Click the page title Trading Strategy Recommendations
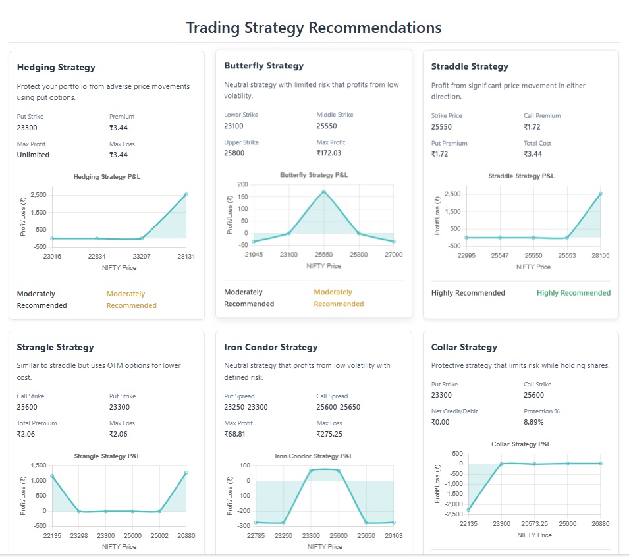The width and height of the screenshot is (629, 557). pyautogui.click(x=314, y=28)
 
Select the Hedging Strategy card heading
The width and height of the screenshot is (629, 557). pyautogui.click(x=56, y=67)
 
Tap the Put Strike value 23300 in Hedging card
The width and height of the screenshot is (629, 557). pyautogui.click(x=28, y=128)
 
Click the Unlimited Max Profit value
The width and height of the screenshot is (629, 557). pyautogui.click(x=33, y=155)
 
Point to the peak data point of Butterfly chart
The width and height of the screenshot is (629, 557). pyautogui.click(x=323, y=192)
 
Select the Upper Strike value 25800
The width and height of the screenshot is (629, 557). pyautogui.click(x=234, y=153)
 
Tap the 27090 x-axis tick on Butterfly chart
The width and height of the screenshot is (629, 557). pyautogui.click(x=393, y=254)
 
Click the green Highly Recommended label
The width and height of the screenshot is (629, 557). pyautogui.click(x=573, y=293)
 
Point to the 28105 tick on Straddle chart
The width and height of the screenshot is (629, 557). pyautogui.click(x=600, y=255)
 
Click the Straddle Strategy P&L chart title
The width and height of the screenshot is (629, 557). pyautogui.click(x=521, y=176)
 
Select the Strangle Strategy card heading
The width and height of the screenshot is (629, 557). pyautogui.click(x=55, y=347)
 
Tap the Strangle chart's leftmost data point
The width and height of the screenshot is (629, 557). pyautogui.click(x=52, y=476)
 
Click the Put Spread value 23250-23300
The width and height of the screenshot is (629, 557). pyautogui.click(x=246, y=407)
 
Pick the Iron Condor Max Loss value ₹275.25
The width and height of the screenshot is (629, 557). pyautogui.click(x=329, y=434)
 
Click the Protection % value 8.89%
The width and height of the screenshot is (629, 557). pyautogui.click(x=534, y=422)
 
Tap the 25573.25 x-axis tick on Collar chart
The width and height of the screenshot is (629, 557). pyautogui.click(x=534, y=524)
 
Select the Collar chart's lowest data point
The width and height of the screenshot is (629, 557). pyautogui.click(x=468, y=510)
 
